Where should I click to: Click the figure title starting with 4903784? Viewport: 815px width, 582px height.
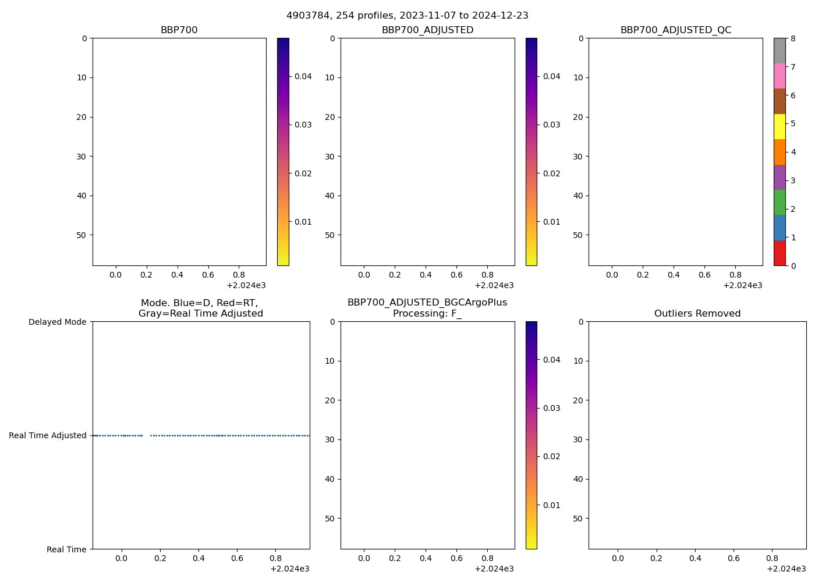tap(407, 16)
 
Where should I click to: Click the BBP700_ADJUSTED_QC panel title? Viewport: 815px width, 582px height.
tap(675, 30)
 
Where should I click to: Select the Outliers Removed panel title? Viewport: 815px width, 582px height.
tap(697, 314)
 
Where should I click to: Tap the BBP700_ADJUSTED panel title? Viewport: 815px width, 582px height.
tap(427, 30)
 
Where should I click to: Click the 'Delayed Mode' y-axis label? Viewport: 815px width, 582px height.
tap(57, 322)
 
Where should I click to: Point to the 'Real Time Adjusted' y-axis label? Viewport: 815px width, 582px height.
tap(47, 435)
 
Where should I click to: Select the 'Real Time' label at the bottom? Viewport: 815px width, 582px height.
tap(66, 549)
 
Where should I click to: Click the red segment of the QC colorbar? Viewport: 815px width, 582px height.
tap(779, 253)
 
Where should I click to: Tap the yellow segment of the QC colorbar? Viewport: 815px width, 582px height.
tap(779, 126)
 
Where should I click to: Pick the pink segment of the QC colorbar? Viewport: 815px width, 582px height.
tap(779, 76)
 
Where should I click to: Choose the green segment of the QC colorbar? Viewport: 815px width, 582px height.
tap(779, 203)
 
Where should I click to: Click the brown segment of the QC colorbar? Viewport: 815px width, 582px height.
tap(779, 101)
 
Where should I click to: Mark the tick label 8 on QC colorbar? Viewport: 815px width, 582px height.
tap(792, 38)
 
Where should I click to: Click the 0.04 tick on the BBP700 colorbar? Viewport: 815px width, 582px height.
tap(303, 76)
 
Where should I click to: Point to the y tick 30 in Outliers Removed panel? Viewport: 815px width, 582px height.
tap(578, 439)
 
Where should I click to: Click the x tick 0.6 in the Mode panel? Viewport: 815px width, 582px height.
tap(237, 558)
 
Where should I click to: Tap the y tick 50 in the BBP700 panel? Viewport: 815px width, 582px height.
tap(82, 235)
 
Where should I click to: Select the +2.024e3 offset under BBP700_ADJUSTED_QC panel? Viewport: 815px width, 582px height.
tap(742, 285)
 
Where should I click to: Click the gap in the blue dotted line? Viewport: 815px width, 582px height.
tap(146, 435)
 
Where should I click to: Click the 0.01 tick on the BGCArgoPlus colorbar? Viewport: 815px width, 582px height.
tap(551, 505)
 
